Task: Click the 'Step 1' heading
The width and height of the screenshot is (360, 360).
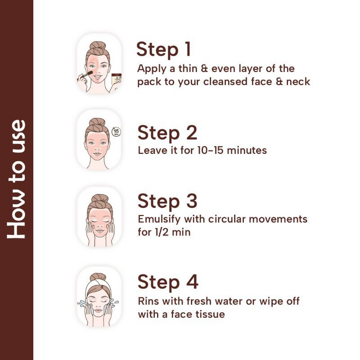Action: pyautogui.click(x=163, y=49)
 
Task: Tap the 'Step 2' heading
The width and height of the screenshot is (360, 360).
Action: pyautogui.click(x=167, y=133)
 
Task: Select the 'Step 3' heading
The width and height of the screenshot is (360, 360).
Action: pyautogui.click(x=167, y=201)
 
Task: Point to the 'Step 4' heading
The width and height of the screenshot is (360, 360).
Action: pyautogui.click(x=168, y=283)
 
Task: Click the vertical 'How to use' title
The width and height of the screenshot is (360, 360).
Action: pyautogui.click(x=16, y=179)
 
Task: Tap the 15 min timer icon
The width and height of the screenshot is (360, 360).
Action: pyautogui.click(x=116, y=132)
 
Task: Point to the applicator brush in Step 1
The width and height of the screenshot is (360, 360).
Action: pyautogui.click(x=85, y=76)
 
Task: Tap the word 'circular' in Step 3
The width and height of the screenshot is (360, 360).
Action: pyautogui.click(x=227, y=219)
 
